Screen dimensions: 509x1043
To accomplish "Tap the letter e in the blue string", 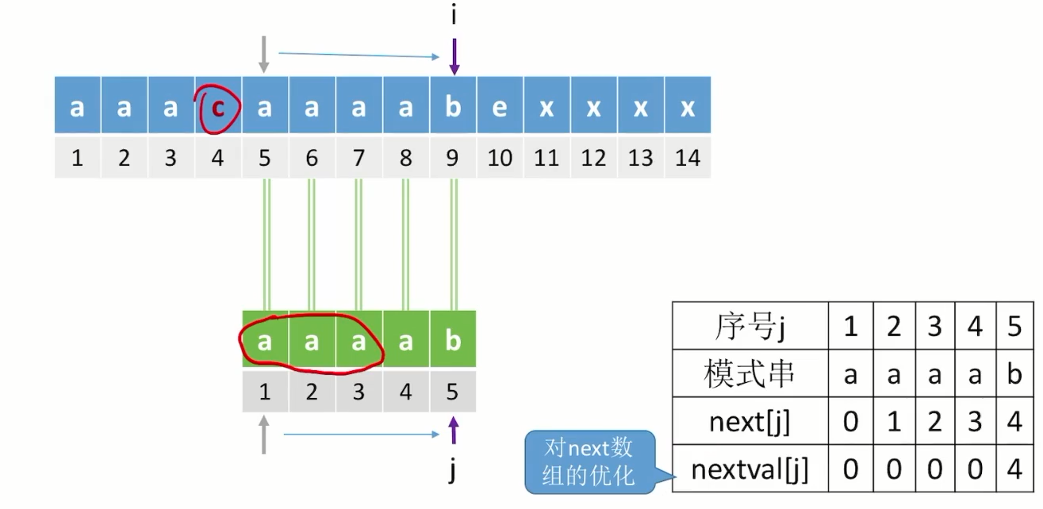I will point(499,106).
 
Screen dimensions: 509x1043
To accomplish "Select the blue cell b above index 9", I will point(453,106).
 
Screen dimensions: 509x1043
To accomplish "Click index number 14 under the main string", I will point(687,158).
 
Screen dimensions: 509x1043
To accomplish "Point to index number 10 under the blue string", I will point(499,158).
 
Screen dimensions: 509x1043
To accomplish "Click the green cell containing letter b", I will point(453,341).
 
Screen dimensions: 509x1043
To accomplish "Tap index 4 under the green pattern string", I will point(406,392).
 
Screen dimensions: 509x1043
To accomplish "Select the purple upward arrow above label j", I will point(453,433).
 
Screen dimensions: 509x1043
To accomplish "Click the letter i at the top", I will point(453,14).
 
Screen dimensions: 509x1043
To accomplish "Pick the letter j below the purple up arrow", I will point(453,472).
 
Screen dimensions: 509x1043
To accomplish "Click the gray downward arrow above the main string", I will point(264,57).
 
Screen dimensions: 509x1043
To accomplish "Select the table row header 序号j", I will point(750,326).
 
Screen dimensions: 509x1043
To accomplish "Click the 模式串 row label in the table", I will point(750,373).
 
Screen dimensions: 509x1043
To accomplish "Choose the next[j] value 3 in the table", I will point(975,422).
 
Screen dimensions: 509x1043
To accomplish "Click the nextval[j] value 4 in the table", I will point(1014,470).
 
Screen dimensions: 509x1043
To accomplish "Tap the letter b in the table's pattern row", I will point(1014,374).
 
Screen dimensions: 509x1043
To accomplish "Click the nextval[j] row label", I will point(750,470).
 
